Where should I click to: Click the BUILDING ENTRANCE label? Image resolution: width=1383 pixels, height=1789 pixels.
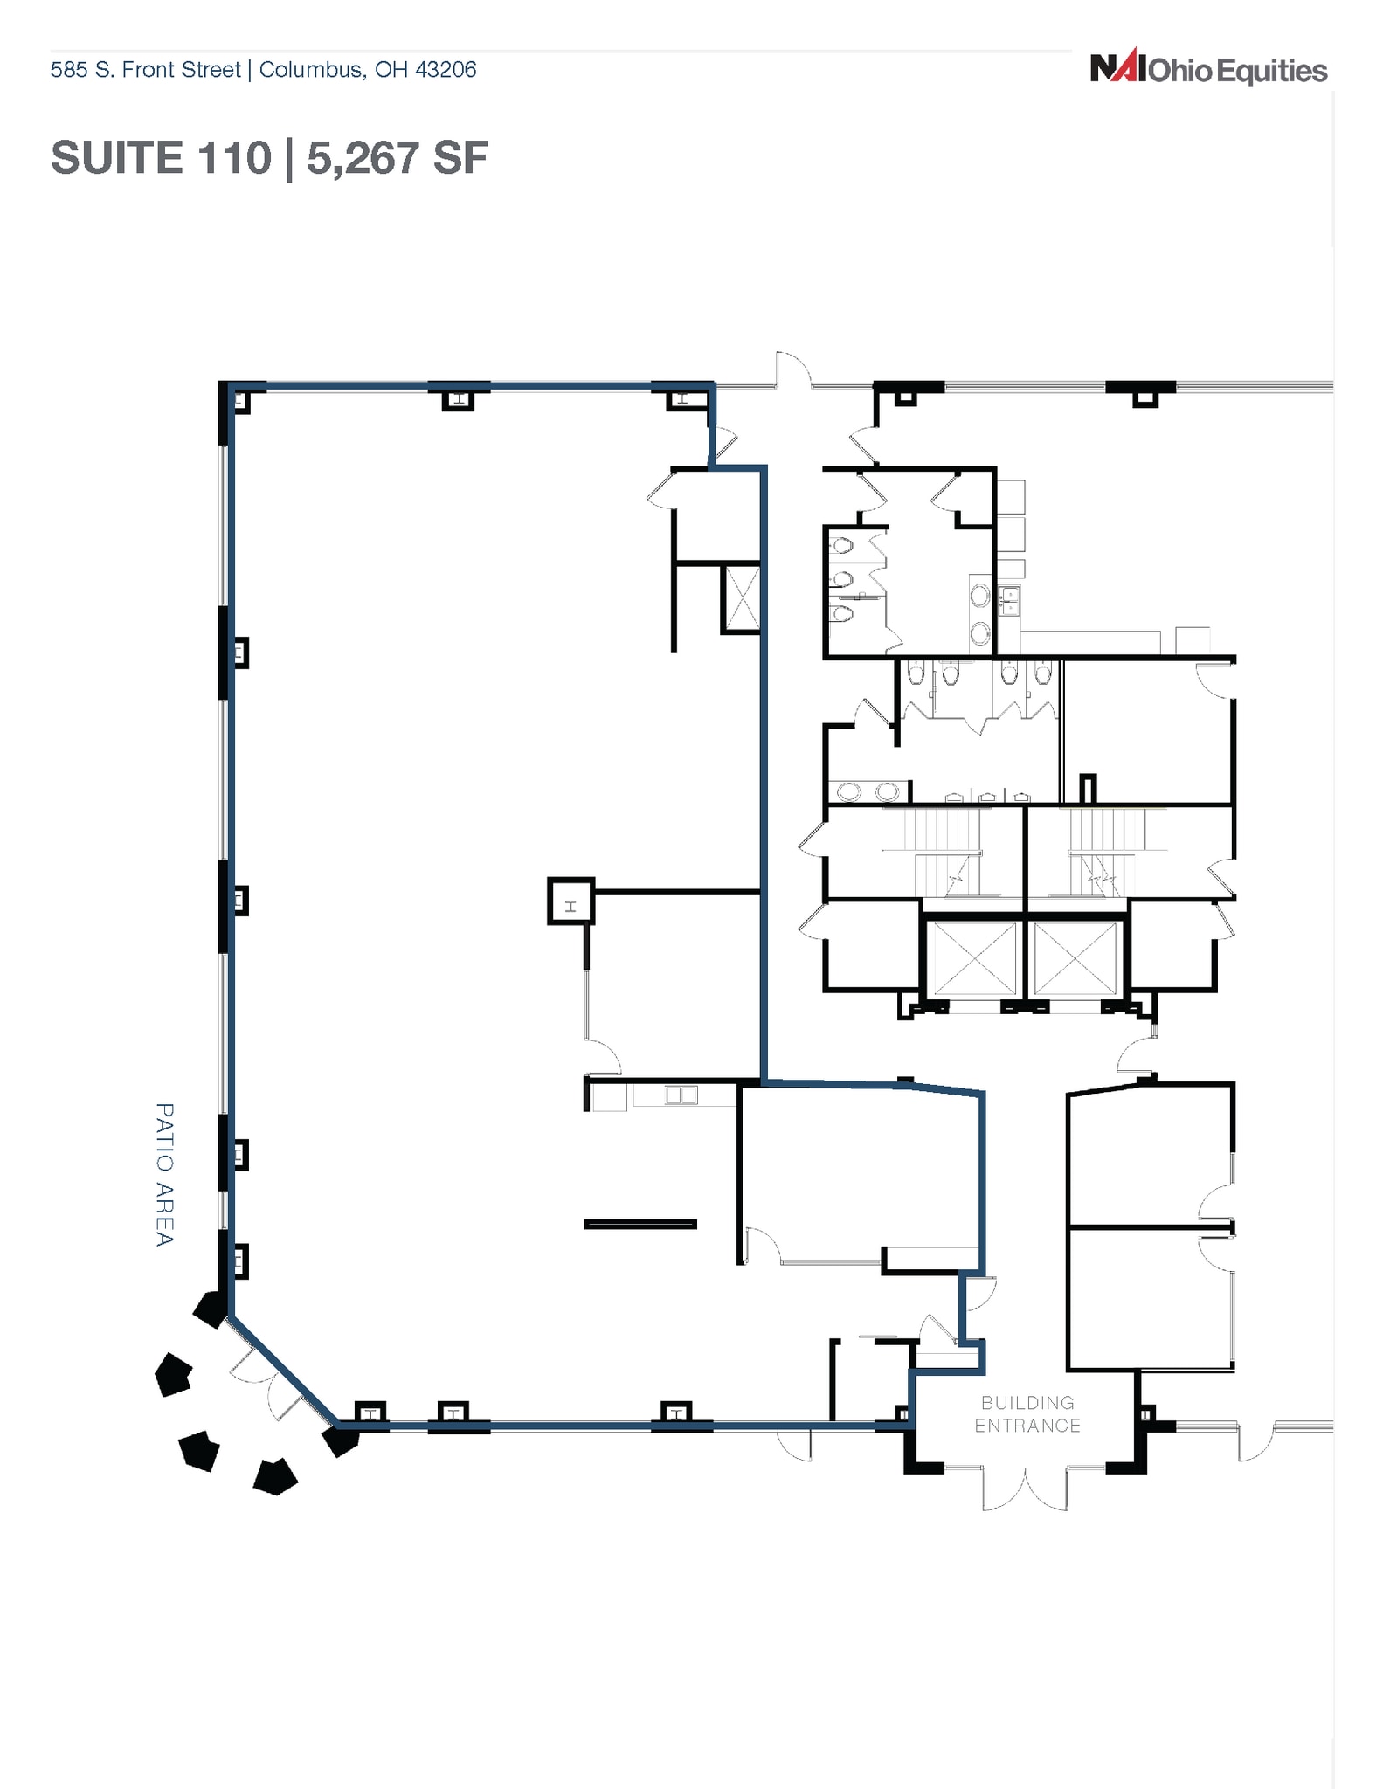point(1027,1413)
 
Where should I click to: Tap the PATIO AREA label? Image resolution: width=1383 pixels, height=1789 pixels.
point(164,1174)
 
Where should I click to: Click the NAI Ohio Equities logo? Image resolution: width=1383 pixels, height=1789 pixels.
point(1208,69)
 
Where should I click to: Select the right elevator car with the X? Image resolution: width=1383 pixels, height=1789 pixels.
point(1075,957)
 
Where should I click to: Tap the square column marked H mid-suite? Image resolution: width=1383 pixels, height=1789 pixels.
point(570,901)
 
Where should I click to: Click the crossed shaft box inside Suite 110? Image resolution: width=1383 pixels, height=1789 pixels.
point(741,598)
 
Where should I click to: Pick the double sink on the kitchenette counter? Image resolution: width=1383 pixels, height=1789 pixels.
point(681,1094)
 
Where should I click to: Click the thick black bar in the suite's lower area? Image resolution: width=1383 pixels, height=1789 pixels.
point(640,1224)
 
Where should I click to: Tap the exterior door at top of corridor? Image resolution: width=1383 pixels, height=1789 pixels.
point(793,370)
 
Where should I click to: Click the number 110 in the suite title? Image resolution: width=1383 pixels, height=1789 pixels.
point(235,158)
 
